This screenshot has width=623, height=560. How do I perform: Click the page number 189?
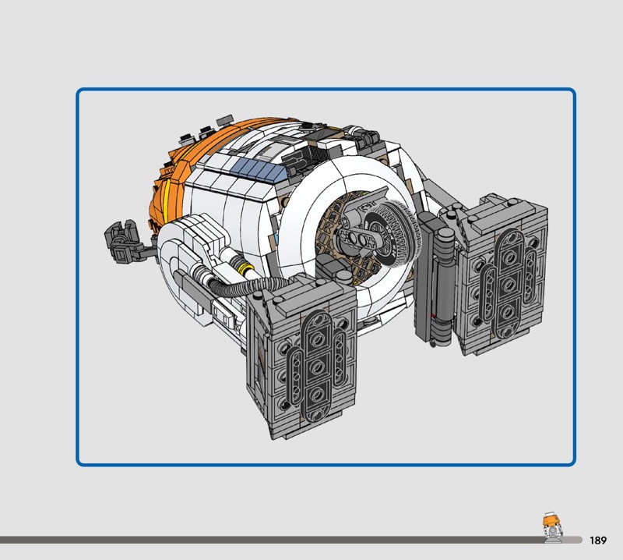pyautogui.click(x=598, y=540)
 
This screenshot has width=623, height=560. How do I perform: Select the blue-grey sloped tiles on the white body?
pyautogui.click(x=261, y=168)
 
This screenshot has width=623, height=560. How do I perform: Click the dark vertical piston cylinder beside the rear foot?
pyautogui.click(x=442, y=286)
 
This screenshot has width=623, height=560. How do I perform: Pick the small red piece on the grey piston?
pyautogui.click(x=433, y=316)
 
